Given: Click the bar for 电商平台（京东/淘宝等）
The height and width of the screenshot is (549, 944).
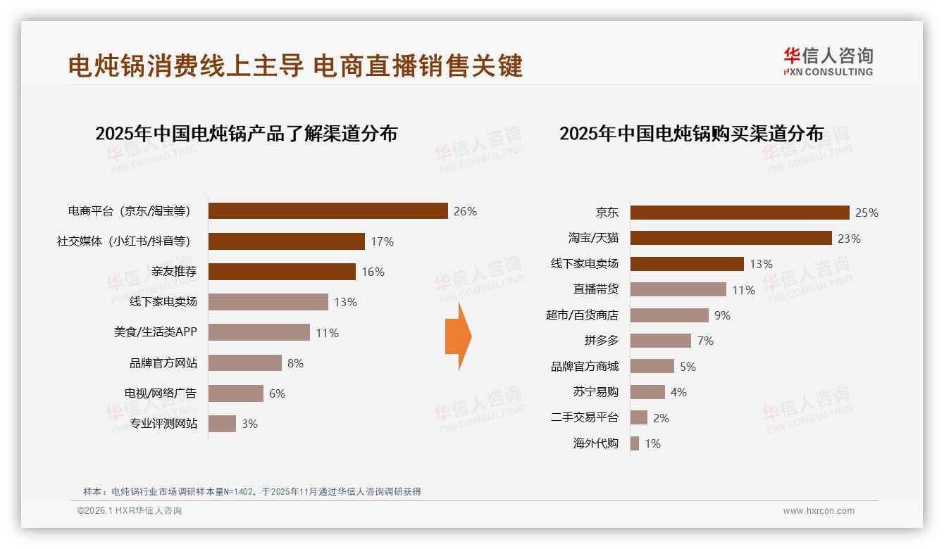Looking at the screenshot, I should point(328,211).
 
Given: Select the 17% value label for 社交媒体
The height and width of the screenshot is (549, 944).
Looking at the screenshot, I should point(382,241).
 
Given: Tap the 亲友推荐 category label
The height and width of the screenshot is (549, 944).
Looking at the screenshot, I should point(174,272).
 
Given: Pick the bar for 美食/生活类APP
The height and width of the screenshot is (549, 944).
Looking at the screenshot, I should point(259,332).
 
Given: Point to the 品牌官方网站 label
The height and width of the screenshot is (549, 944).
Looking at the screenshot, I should point(163,363).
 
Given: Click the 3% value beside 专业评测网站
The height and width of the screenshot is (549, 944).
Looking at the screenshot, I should point(249,424).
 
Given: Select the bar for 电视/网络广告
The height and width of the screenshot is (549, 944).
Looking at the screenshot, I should point(235,393).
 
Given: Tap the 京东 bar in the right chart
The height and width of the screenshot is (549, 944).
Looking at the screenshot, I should point(740,213).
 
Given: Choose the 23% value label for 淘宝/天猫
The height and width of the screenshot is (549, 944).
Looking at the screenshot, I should point(849,239).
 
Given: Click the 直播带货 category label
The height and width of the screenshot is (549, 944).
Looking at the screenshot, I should point(595,289).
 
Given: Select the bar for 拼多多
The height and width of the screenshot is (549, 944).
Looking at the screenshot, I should point(660,341).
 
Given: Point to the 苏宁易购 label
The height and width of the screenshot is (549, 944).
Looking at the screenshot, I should point(595,392).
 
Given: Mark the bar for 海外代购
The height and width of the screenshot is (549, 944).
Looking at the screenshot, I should point(634,443).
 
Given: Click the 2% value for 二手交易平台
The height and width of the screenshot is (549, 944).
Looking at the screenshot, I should point(661,418).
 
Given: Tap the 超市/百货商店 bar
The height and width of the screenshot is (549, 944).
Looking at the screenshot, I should point(669,315).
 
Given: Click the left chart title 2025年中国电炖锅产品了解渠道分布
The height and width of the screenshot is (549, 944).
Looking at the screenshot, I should point(246,134).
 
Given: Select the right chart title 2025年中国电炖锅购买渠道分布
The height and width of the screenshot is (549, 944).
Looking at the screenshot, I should point(691,134).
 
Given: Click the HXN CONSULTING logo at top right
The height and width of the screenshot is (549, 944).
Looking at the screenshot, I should point(828,62).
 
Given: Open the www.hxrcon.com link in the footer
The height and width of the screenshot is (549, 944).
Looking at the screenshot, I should point(819,511).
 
